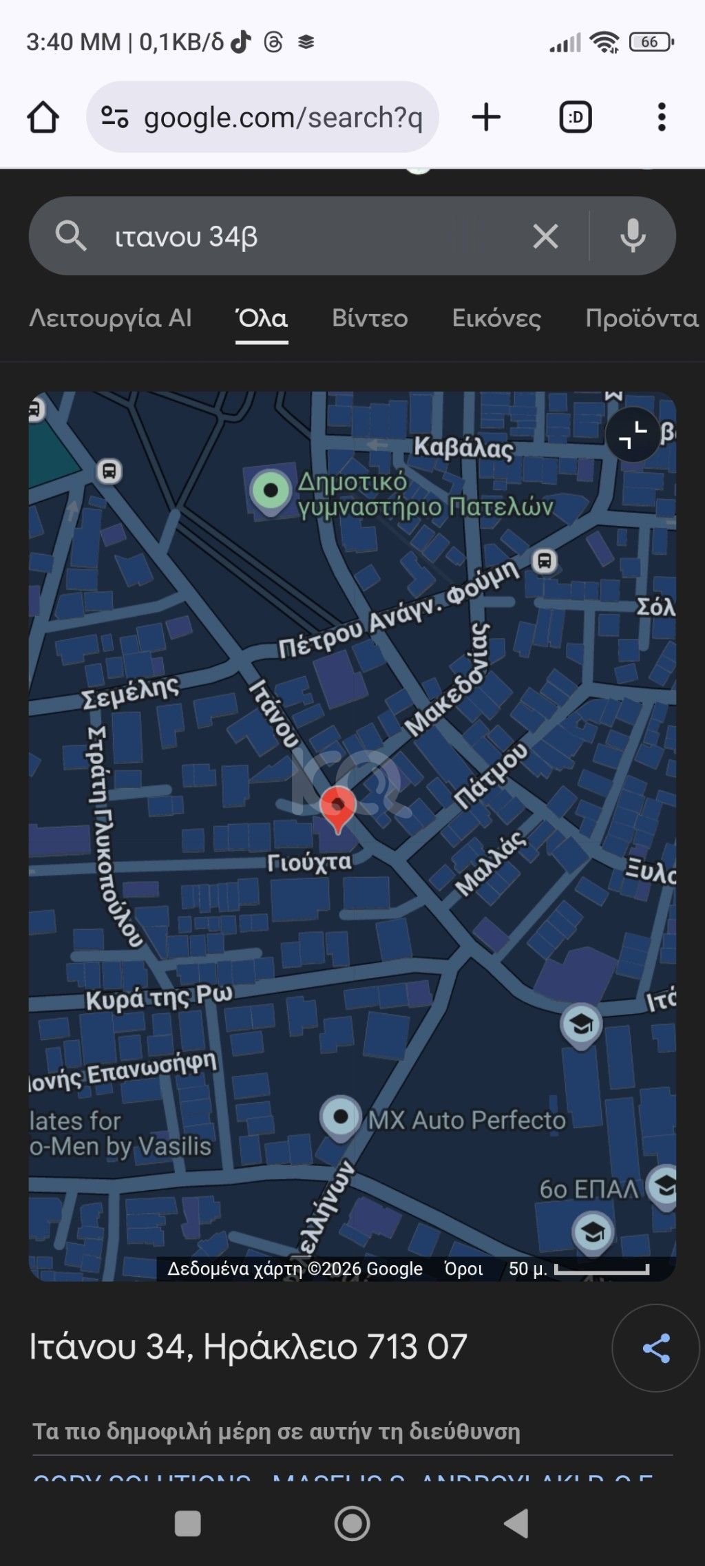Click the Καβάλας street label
pos(463,448)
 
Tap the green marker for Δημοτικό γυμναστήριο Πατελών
pos(271,491)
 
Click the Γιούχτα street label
pos(309,863)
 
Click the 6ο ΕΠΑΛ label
pos(589,1189)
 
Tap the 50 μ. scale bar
pos(601,1269)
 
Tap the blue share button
pos(655,1348)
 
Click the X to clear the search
pos(545,237)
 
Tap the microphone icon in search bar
pos(633,237)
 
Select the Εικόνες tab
pos(496,318)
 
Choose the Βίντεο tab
pos(370,318)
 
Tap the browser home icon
pos(43,117)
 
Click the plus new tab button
pos(486,117)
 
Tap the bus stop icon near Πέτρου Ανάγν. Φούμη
pos(545,561)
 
